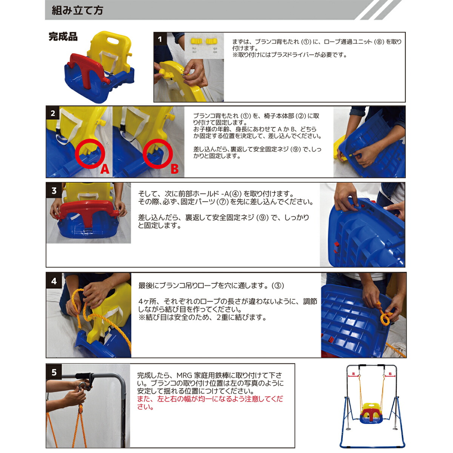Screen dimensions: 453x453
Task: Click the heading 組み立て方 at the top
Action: (x=77, y=10)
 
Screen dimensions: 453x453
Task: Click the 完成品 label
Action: (x=63, y=37)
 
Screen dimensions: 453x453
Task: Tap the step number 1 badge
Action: (x=160, y=39)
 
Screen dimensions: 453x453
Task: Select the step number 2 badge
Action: (x=53, y=113)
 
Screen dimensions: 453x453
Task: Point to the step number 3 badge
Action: (x=54, y=191)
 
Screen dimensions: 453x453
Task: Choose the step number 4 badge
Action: (x=54, y=281)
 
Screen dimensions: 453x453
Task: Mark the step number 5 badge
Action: (x=54, y=373)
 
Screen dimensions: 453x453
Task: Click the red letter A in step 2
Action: (x=105, y=169)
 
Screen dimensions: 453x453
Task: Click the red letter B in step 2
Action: (x=174, y=169)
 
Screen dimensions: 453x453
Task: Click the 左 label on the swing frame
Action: (x=354, y=374)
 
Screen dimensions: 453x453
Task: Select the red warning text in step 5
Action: (x=210, y=403)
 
